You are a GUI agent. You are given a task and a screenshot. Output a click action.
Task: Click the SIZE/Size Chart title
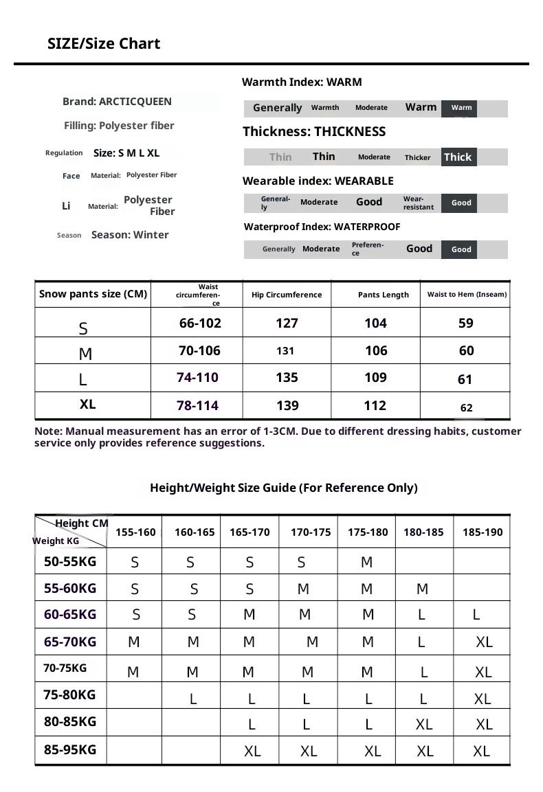click(104, 44)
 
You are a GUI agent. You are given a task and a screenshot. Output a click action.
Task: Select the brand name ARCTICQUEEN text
click(135, 102)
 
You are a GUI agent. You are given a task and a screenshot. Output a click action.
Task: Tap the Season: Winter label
click(130, 235)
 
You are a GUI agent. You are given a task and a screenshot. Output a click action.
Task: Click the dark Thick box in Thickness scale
click(458, 157)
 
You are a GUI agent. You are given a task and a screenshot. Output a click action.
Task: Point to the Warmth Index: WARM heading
click(302, 82)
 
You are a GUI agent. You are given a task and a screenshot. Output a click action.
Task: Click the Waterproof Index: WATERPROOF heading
click(322, 227)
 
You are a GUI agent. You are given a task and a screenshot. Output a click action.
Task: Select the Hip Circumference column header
click(287, 295)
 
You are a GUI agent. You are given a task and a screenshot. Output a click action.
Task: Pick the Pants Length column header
click(384, 295)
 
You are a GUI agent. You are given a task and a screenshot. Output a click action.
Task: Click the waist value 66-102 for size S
click(200, 323)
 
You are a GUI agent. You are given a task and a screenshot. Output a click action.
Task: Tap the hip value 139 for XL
click(287, 405)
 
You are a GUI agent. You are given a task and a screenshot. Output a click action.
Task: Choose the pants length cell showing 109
click(375, 377)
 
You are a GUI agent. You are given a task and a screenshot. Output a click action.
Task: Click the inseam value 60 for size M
click(467, 350)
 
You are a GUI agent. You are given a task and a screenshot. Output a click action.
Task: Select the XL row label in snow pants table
click(87, 405)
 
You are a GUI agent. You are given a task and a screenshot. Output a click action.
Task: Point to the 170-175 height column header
click(311, 532)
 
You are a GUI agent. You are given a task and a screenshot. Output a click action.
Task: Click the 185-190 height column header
click(483, 532)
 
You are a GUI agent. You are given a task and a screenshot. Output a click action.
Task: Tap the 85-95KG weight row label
click(70, 749)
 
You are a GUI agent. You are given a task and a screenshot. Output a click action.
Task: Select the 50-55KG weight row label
click(70, 561)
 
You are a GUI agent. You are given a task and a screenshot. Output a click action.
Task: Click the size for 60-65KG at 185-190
click(476, 615)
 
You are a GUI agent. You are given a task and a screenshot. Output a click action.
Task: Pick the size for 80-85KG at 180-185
click(424, 724)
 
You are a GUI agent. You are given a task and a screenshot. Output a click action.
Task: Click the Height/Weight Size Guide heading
click(284, 488)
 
